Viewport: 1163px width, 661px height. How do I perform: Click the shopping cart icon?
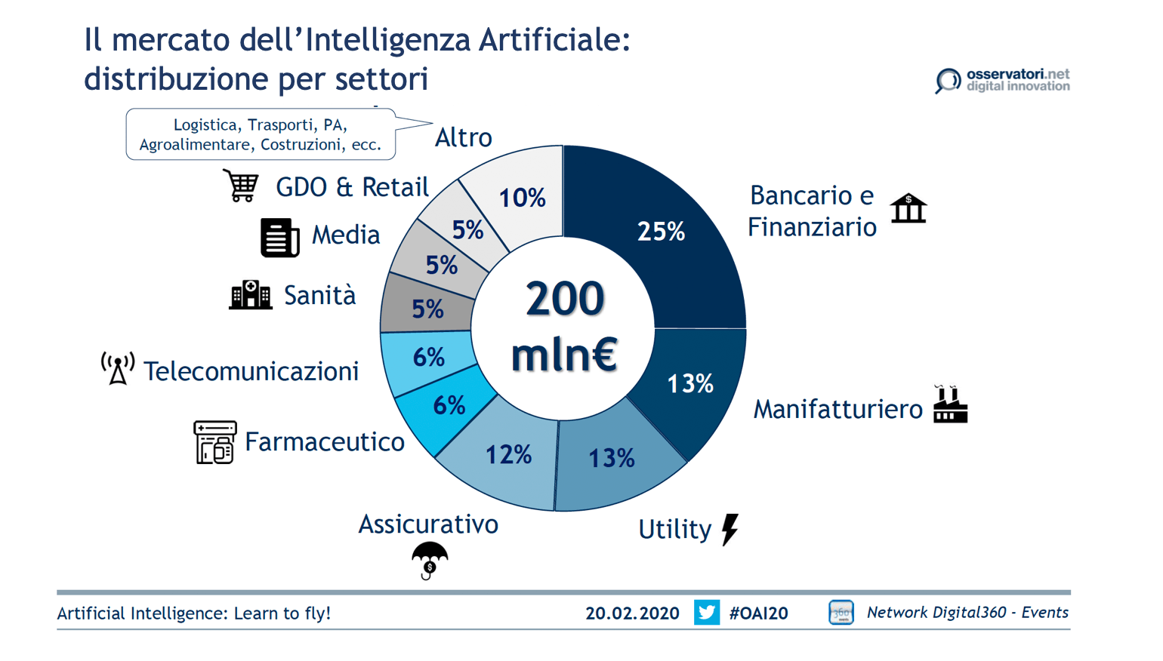pos(242,186)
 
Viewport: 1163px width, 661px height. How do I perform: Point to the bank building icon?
pos(908,209)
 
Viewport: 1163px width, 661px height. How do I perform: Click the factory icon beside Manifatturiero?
pos(949,405)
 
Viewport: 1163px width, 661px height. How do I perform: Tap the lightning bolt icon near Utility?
pos(730,529)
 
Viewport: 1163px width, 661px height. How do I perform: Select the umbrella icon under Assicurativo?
pos(430,561)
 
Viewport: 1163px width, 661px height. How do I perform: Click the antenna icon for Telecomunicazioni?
pos(118,368)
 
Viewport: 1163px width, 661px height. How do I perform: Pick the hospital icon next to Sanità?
pos(250,295)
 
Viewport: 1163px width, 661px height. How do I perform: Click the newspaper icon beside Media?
pos(279,237)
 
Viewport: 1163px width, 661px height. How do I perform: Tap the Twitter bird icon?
pos(707,612)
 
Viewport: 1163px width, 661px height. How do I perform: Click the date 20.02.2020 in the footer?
pos(632,613)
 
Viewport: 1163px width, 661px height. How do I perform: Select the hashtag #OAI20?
pos(758,613)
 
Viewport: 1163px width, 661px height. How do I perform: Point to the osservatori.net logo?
pos(1003,80)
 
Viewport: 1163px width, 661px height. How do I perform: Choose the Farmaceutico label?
pos(325,441)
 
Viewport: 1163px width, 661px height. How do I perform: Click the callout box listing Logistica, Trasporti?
pos(261,134)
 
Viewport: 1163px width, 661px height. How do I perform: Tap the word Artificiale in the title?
pos(554,39)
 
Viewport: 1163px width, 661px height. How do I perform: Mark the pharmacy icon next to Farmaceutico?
pos(214,442)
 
